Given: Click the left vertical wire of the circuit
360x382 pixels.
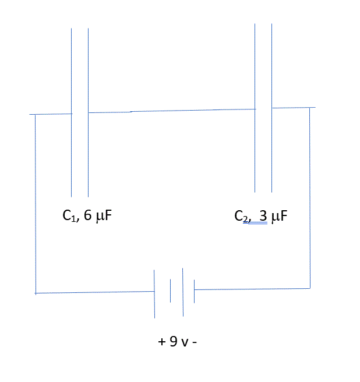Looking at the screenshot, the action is point(36,204).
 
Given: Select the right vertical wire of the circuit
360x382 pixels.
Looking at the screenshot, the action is point(309,198).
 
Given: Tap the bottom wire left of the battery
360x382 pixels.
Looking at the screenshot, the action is point(93,292).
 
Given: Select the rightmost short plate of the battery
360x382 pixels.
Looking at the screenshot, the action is point(194,289).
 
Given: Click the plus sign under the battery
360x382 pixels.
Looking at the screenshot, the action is point(161,342).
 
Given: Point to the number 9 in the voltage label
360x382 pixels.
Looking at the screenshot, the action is point(173,341).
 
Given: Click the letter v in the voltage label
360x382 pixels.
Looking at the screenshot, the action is point(185,342).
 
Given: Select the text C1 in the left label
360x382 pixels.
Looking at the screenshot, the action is point(68,216).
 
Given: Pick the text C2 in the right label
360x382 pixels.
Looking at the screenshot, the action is point(241,217).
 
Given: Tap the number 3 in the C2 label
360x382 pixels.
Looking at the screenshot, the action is point(263,217).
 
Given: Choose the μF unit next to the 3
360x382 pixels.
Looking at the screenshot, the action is point(280,217).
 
